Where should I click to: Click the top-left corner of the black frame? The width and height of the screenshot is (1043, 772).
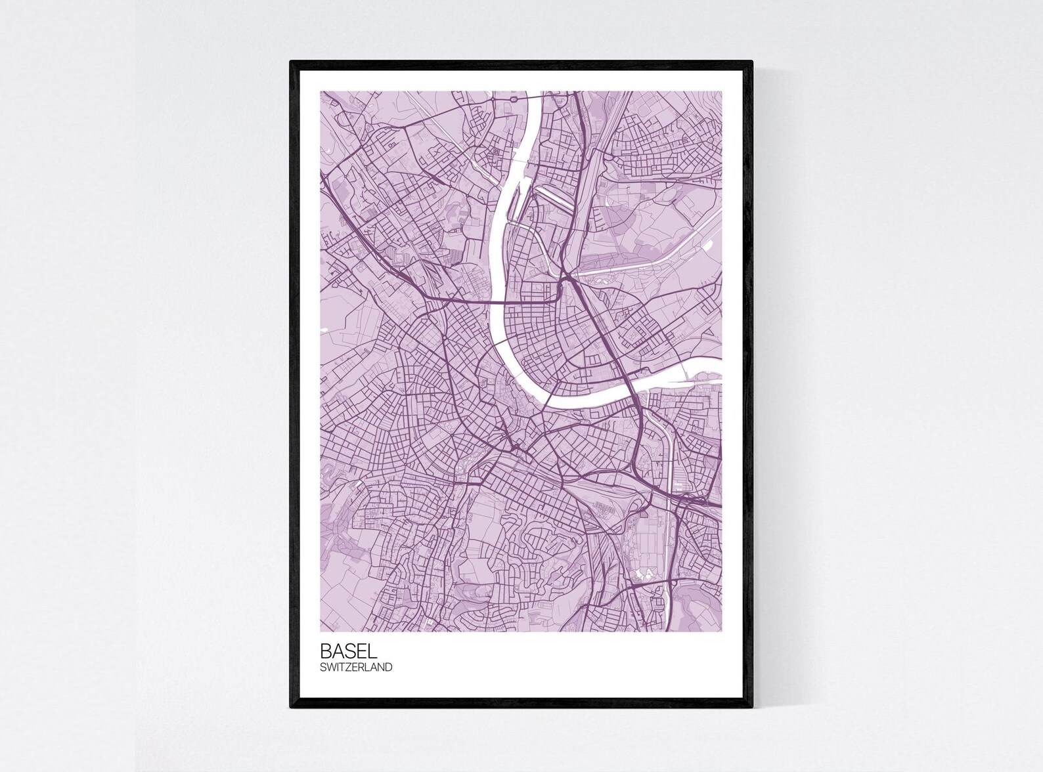coord(291,62)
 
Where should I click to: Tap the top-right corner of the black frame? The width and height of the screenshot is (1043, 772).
coord(751,62)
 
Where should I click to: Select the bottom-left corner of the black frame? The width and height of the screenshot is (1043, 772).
coord(291,707)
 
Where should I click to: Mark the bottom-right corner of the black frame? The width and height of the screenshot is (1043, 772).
coord(751,707)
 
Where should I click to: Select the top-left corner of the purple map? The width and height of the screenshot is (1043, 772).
coord(321,91)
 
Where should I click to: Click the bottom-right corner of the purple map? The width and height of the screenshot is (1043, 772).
coord(722,632)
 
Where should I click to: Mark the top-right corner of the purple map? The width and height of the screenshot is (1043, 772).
coord(722,91)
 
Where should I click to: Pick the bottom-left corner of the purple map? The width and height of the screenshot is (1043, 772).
coord(321,632)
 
